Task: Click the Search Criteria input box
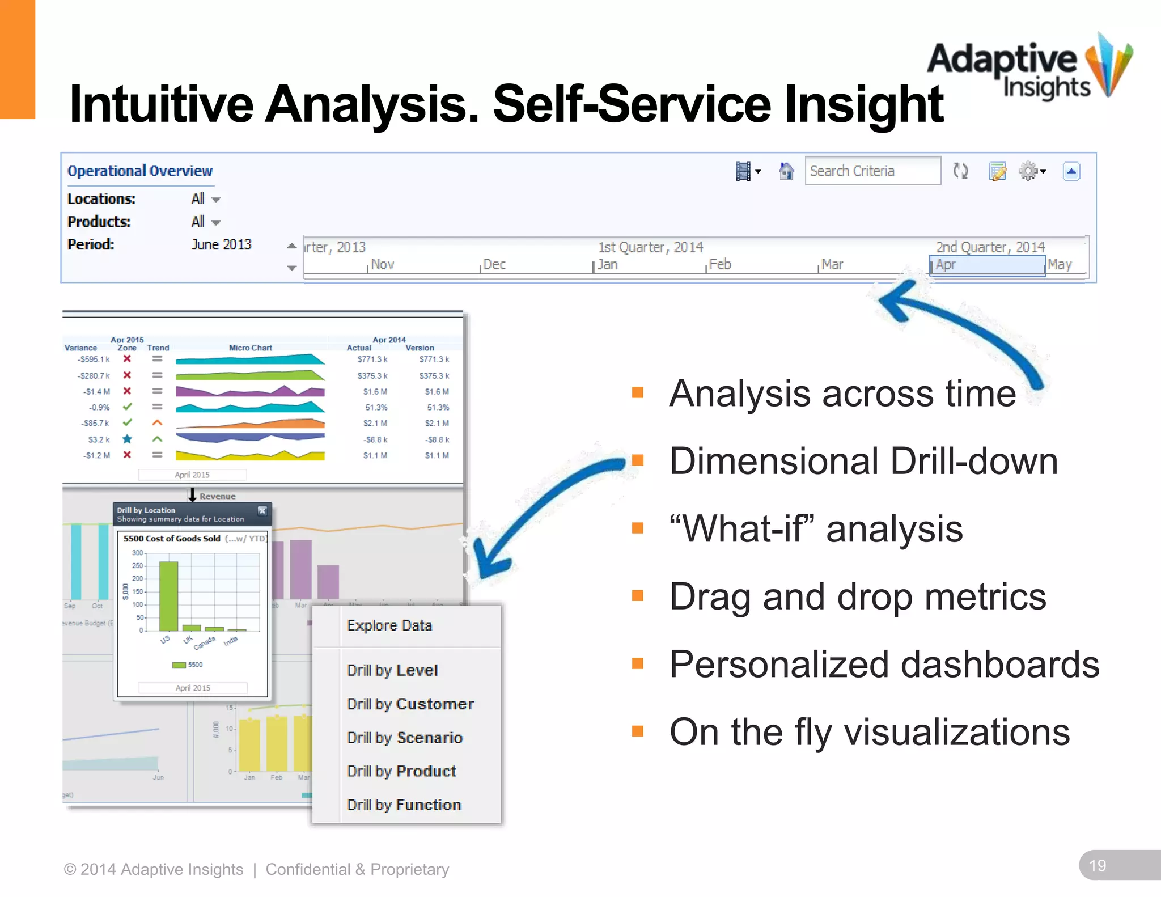872,171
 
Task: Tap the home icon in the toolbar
786,171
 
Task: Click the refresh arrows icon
960,171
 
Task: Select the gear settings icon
1028,171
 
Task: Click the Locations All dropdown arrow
215,200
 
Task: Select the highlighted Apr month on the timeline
986,265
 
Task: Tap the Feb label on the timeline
720,265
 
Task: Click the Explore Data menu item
389,625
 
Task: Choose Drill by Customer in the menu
410,704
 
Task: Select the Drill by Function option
404,805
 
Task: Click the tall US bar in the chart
168,595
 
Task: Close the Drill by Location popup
262,510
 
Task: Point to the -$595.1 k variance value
94,359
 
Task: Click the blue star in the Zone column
128,439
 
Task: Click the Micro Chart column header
250,348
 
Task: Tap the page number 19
1098,866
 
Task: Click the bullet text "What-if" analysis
816,529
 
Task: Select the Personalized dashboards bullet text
884,665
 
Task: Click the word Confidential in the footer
308,869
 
